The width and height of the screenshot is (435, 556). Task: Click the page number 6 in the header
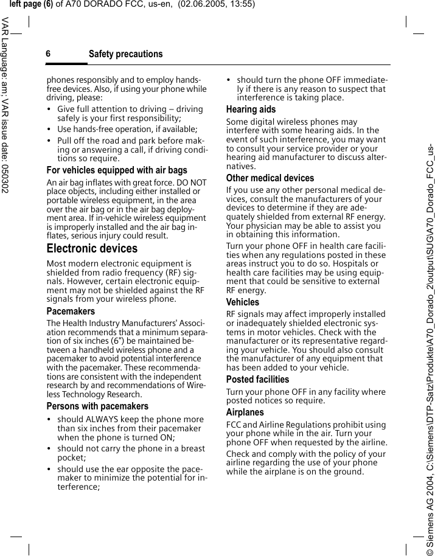[48, 54]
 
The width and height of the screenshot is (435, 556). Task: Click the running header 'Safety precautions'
[125, 54]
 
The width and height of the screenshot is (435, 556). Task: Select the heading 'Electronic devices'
[92, 249]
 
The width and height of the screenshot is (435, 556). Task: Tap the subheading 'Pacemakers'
[71, 311]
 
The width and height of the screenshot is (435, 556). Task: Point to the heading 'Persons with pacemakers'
[97, 406]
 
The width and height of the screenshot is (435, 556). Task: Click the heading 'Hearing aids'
[251, 109]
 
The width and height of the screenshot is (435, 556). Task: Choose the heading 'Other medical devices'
[270, 178]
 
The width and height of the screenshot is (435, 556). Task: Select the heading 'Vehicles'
[242, 302]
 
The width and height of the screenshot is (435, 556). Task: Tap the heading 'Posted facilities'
[257, 380]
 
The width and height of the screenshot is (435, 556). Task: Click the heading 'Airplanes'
[245, 412]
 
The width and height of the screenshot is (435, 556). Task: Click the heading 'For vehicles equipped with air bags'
[117, 170]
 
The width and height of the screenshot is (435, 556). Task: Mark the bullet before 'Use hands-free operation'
[50, 130]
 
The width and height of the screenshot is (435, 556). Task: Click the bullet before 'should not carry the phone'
[50, 449]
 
